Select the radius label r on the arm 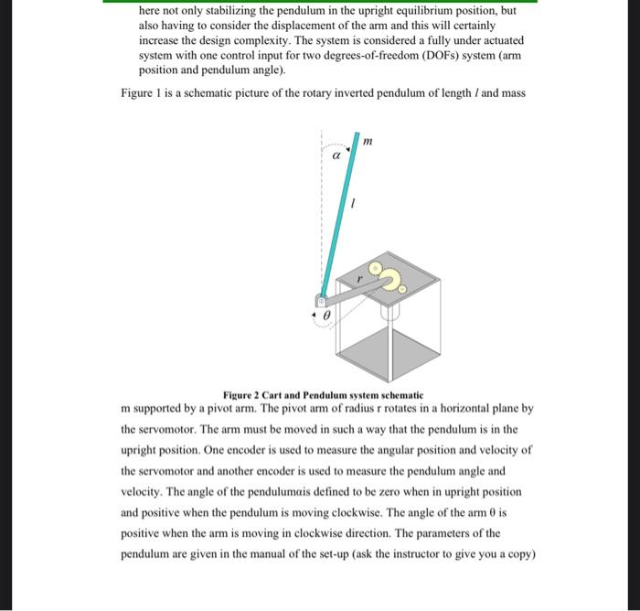tap(359, 275)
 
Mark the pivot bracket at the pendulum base tap(321, 302)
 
